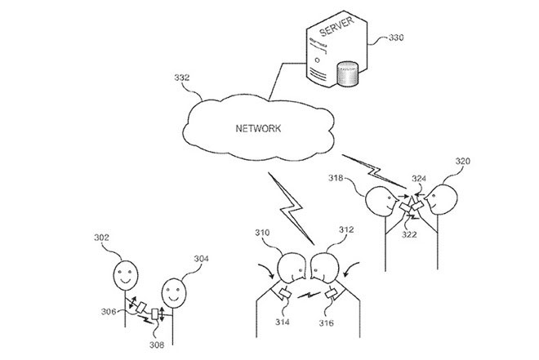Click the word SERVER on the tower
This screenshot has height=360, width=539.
coord(336,26)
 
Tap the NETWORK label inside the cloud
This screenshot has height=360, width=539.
coord(258,128)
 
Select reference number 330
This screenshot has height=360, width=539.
coord(396,38)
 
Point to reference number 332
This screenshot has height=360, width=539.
coord(182,78)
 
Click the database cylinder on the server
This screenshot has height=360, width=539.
coord(348,73)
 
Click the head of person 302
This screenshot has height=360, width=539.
coord(126,274)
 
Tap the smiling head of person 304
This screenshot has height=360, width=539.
coord(174,293)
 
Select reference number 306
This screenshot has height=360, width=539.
coord(109,312)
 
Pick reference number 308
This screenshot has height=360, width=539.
coord(157,344)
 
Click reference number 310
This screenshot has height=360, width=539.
coord(262,233)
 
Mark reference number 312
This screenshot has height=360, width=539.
coord(346,229)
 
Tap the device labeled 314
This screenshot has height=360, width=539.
coord(285,294)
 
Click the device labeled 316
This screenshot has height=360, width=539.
coord(332,294)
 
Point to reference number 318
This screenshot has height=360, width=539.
coord(336,178)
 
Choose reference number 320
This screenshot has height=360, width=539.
coord(463,161)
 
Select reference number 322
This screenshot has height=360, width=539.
coord(409,234)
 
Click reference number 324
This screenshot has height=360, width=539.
coord(419,179)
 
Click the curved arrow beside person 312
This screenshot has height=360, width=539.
coord(350,269)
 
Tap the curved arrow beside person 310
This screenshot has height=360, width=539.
coord(267,270)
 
